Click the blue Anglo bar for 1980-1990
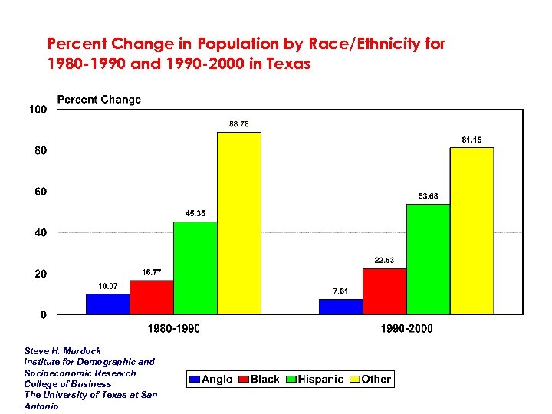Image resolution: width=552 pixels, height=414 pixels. click(108, 304)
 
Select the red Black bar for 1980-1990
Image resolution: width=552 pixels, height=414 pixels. click(152, 297)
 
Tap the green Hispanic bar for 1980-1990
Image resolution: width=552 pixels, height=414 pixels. click(195, 268)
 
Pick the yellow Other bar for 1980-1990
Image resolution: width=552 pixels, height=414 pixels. click(239, 223)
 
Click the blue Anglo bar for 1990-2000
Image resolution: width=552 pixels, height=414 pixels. click(341, 306)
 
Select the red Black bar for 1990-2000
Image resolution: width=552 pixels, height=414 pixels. click(385, 291)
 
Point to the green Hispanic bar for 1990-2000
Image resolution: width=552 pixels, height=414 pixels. click(429, 259)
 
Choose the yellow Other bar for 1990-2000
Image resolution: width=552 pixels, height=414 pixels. click(472, 231)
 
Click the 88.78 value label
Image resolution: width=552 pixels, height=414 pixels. click(239, 124)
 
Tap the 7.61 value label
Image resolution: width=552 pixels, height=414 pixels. click(341, 291)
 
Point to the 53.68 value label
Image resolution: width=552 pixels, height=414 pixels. click(429, 196)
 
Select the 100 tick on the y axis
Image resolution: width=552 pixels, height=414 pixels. click(38, 110)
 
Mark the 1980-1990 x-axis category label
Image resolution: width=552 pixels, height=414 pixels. click(174, 329)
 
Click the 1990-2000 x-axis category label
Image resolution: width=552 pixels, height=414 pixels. click(407, 329)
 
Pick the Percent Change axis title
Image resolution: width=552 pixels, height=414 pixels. click(99, 100)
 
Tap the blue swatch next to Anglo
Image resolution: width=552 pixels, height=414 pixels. click(195, 379)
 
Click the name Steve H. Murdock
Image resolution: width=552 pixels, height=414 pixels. click(63, 350)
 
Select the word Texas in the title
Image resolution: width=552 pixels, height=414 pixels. click(287, 64)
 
